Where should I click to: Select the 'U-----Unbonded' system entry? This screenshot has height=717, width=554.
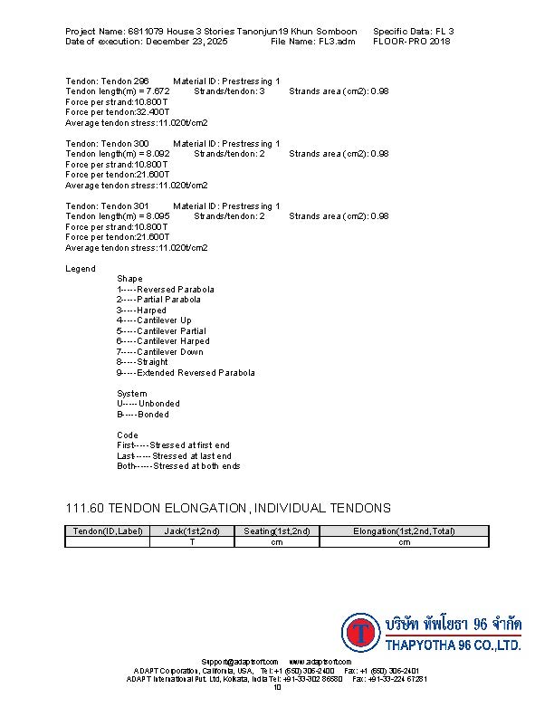click(148, 404)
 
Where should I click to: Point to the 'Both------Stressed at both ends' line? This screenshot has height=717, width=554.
click(178, 467)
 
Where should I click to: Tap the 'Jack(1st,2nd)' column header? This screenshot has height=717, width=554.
click(192, 531)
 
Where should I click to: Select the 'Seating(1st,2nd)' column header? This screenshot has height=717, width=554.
click(277, 531)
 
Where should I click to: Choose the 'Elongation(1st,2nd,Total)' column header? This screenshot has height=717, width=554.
click(404, 531)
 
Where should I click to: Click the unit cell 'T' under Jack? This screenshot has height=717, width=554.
click(192, 542)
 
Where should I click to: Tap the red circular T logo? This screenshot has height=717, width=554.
click(361, 634)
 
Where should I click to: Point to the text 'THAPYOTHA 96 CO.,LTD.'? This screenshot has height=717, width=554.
click(453, 646)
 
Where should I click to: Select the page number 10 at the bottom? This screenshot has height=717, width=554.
click(277, 688)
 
